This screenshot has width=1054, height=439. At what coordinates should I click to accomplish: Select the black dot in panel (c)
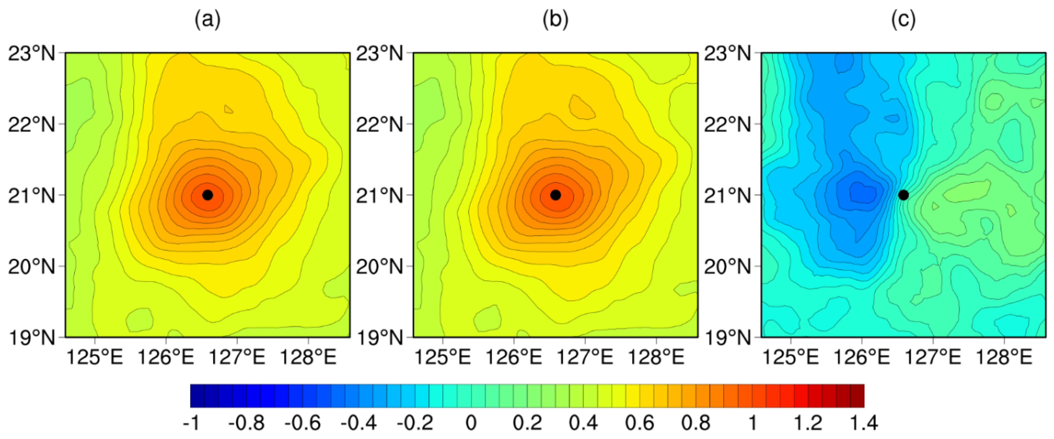tap(903, 195)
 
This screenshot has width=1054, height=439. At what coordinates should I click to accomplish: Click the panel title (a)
tap(207, 19)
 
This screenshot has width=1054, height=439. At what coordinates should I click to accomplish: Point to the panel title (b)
tap(555, 19)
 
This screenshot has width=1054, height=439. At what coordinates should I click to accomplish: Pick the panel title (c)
tap(903, 19)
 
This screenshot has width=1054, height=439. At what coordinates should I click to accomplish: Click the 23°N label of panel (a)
tap(32, 53)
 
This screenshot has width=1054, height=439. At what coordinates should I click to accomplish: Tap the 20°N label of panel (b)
tap(379, 267)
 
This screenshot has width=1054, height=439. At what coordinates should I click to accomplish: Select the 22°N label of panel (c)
tap(727, 124)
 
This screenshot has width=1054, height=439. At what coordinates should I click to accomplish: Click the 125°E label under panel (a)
tap(95, 357)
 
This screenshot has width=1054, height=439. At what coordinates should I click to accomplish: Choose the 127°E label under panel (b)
tap(585, 357)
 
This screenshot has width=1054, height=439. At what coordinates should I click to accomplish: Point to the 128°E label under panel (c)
tap(1004, 357)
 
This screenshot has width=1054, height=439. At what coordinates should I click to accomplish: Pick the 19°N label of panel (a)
tap(32, 338)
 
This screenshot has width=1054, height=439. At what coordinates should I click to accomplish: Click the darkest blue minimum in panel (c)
tap(862, 191)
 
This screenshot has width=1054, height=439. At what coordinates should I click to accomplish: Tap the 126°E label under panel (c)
tap(862, 357)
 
